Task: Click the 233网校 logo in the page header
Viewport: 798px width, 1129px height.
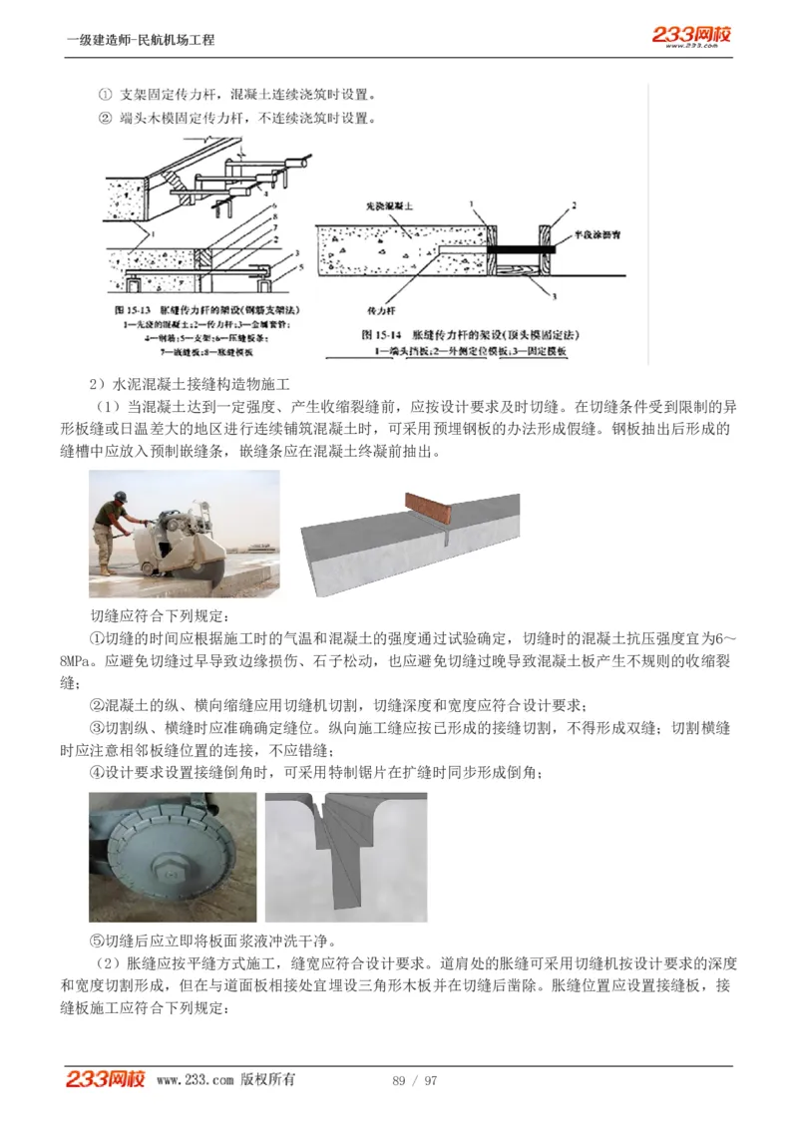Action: click(x=691, y=36)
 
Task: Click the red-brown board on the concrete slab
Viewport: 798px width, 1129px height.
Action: click(x=427, y=509)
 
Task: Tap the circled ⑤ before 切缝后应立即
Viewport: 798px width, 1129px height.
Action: click(x=97, y=941)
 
